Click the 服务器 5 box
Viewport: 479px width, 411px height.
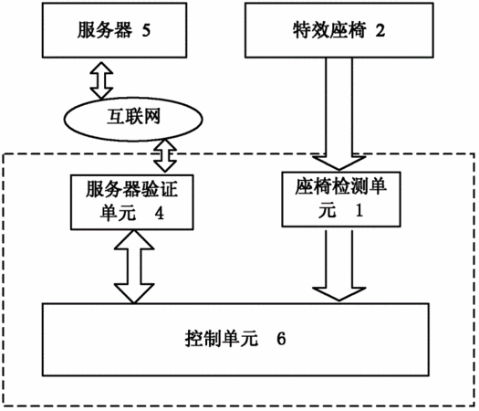click(115, 30)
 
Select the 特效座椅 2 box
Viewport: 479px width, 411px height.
click(339, 30)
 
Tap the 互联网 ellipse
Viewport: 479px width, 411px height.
click(133, 119)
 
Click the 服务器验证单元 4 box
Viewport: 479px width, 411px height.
click(132, 202)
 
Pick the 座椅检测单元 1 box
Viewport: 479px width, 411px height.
click(341, 199)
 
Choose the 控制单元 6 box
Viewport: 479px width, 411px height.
click(235, 340)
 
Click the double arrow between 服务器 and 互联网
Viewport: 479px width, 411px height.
click(101, 80)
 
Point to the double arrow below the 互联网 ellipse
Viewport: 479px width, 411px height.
click(165, 155)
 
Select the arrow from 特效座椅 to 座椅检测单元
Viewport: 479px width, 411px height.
click(339, 114)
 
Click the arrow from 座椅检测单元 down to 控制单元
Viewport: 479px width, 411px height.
click(339, 265)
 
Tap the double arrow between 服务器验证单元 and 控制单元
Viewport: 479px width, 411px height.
click(134, 267)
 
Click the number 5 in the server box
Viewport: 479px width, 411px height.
click(146, 30)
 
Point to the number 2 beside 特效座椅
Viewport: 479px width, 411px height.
click(380, 30)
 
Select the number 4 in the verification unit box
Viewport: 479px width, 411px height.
click(159, 213)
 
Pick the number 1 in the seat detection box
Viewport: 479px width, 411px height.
click(359, 210)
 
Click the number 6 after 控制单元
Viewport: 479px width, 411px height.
click(281, 339)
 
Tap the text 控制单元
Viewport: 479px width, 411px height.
click(221, 339)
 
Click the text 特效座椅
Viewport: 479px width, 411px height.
click(329, 30)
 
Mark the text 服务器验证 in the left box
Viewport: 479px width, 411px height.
click(131, 189)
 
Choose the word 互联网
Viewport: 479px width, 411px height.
click(133, 117)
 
